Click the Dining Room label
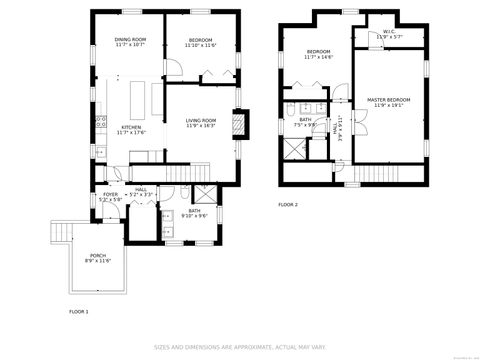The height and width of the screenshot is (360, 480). [130, 42]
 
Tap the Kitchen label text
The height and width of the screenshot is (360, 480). [131, 130]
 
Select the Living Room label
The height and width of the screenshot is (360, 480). [201, 123]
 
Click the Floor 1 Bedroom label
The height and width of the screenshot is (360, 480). [201, 42]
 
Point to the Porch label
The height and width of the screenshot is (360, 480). [98, 258]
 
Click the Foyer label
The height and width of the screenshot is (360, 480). [110, 197]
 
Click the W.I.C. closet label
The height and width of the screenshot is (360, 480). [389, 34]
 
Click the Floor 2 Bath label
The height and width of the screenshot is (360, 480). [305, 122]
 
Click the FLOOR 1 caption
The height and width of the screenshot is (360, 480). [78, 312]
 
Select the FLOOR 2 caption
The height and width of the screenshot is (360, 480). [288, 204]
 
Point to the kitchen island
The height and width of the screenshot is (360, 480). [136, 100]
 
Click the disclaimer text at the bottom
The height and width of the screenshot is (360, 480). [239, 348]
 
